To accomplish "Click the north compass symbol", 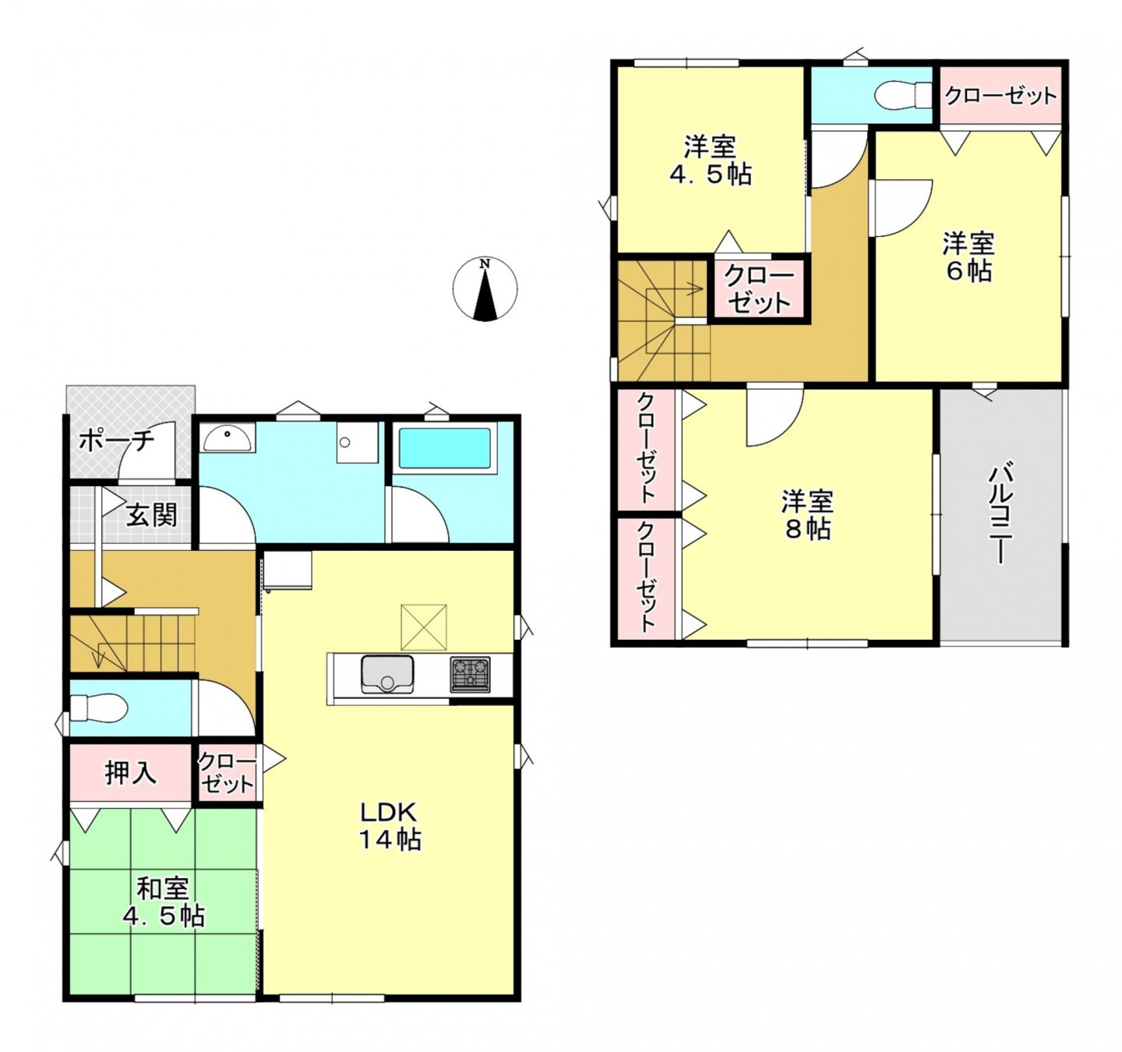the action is pyautogui.click(x=485, y=289).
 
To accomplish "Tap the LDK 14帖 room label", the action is pyautogui.click(x=390, y=826).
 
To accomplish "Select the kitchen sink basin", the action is pyautogui.click(x=387, y=674).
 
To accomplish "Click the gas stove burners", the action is pyautogui.click(x=470, y=674).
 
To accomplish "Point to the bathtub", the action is pyautogui.click(x=445, y=448).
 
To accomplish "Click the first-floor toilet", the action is pyautogui.click(x=98, y=708).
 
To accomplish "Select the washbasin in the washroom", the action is pyautogui.click(x=228, y=438).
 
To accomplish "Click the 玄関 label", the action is pyautogui.click(x=151, y=515).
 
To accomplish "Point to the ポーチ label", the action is pyautogui.click(x=116, y=440).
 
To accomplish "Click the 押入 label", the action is pyautogui.click(x=131, y=773).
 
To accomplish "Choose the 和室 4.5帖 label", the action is pyautogui.click(x=164, y=902).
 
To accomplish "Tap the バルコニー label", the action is pyautogui.click(x=999, y=514).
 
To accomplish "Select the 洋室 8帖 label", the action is pyautogui.click(x=806, y=515).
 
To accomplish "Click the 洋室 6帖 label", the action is pyautogui.click(x=969, y=257).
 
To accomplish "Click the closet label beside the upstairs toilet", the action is pyautogui.click(x=1000, y=96).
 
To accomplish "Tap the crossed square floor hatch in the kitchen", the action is pyautogui.click(x=424, y=627).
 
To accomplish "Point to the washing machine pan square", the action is pyautogui.click(x=358, y=443).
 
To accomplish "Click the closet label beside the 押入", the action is pyautogui.click(x=226, y=773).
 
